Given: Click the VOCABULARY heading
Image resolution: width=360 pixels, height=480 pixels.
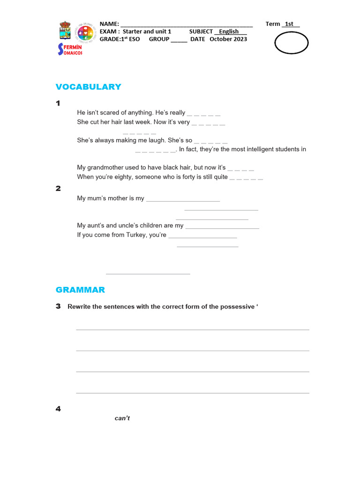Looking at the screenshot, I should tap(88, 87).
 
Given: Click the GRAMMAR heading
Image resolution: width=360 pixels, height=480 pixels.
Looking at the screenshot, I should tap(80, 290).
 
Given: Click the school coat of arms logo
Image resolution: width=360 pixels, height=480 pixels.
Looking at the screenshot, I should tap(65, 31).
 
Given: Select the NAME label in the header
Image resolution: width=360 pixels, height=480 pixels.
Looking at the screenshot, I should tap(109, 24).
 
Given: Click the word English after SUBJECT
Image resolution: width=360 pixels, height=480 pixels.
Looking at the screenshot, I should tap(229, 31).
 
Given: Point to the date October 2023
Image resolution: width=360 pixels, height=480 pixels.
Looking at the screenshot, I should tap(228, 39).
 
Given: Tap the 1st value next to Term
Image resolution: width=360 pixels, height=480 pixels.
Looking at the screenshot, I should tap(289, 24).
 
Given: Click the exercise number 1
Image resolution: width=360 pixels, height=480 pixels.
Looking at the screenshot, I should tap(58, 104).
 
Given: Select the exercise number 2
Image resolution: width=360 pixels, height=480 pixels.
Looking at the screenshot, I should tap(58, 188).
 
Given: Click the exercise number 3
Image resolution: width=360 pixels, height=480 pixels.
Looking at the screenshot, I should tap(58, 306).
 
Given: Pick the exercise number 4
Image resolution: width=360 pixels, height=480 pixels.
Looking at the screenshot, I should tap(58, 409).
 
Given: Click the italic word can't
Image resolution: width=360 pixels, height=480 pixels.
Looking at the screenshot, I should tap(122, 418).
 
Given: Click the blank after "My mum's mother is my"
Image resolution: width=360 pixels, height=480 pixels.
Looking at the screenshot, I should tap(183, 199).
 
